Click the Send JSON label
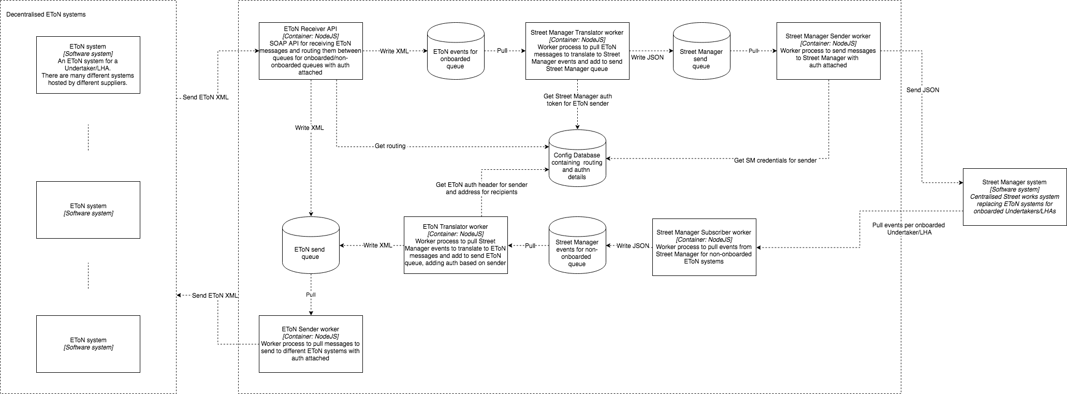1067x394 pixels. tap(923, 90)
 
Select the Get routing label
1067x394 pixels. tap(390, 146)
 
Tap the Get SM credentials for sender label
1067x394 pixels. tap(776, 160)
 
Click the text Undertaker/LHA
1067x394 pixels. tap(909, 232)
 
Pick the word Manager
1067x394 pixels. tap(588, 96)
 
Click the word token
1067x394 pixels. tap(555, 104)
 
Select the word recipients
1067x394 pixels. tap(502, 192)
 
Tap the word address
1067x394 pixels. tap(469, 192)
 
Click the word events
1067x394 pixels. tap(894, 225)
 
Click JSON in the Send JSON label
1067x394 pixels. tap(930, 90)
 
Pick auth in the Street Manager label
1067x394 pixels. tap(606, 96)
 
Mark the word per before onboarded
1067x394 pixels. tap(909, 225)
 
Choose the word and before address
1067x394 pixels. tap(451, 192)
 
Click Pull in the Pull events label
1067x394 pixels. tap(878, 225)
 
